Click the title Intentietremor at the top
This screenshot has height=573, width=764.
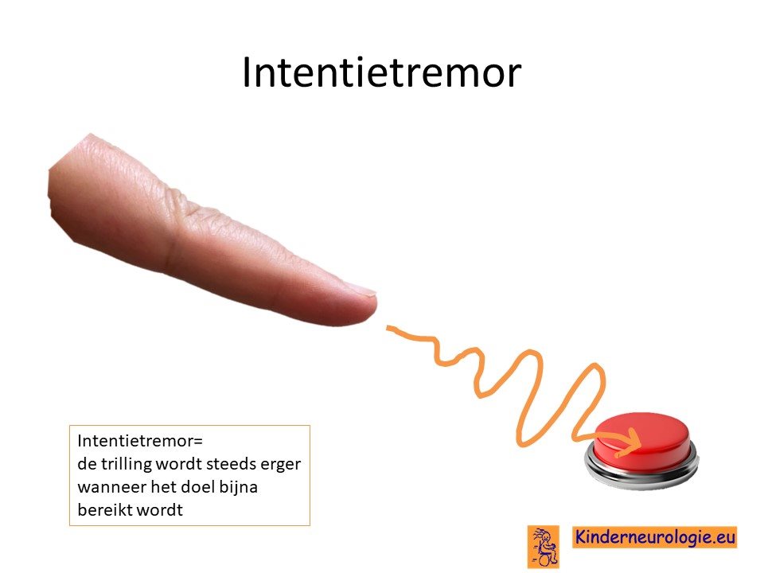point(381,72)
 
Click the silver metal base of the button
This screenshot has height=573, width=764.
point(641,473)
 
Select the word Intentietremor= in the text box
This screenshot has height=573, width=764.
point(140,440)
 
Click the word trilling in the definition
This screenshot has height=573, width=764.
point(127,464)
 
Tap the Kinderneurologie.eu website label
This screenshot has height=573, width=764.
point(654,537)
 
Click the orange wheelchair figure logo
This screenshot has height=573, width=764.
point(544,547)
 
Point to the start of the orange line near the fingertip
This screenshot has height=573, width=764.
point(388,328)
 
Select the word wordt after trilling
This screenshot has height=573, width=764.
point(178,464)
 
